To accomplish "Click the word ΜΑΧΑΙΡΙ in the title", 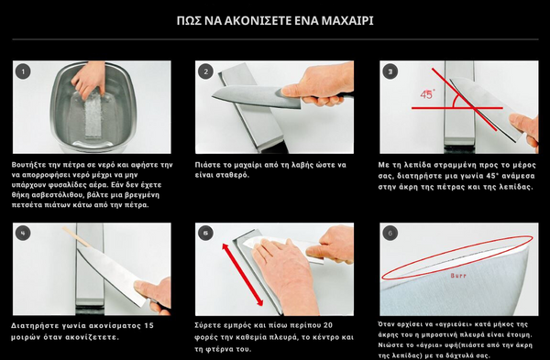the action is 347,21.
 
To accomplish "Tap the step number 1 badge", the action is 23,71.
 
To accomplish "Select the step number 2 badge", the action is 206,71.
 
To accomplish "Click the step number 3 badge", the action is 390,71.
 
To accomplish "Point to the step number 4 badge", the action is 23,234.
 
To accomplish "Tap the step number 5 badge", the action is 206,234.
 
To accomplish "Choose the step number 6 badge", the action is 390,234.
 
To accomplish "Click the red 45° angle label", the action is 427,94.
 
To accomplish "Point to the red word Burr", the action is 458,276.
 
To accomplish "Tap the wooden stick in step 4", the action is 76,236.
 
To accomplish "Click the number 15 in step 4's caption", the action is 148,325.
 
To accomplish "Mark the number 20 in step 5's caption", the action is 327,325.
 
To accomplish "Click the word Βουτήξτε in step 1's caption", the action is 27,165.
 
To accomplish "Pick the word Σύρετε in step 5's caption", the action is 207,325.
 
